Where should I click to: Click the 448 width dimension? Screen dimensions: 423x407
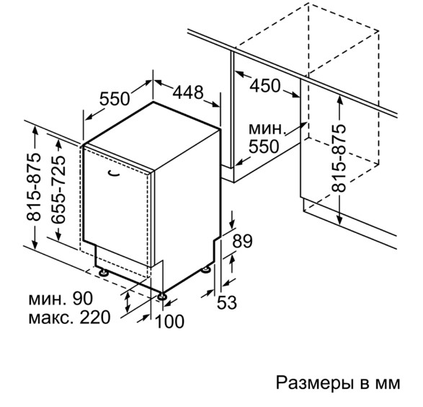pos(188,92)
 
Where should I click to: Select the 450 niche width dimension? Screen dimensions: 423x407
pos(265,86)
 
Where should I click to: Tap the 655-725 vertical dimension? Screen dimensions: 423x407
pos(58,190)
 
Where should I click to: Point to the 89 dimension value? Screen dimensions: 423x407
pos(243,241)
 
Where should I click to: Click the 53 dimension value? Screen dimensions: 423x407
pos(227,302)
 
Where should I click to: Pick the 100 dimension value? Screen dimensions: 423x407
pos(170,321)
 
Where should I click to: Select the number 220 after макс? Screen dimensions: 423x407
pos(95,317)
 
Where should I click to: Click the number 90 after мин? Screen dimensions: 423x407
pos(83,298)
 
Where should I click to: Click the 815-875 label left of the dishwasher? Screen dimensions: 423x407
pos(34,187)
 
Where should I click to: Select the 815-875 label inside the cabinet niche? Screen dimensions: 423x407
pos(339,158)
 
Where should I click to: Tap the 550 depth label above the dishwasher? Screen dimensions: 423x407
pos(115,99)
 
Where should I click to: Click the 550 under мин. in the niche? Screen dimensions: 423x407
pos(264,146)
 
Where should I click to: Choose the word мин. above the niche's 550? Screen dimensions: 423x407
pos(267,129)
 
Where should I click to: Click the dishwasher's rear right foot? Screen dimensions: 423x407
pos(206,270)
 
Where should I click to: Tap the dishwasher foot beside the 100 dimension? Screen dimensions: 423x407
pos(162,297)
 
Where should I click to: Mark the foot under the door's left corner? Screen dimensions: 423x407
pos(103,272)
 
